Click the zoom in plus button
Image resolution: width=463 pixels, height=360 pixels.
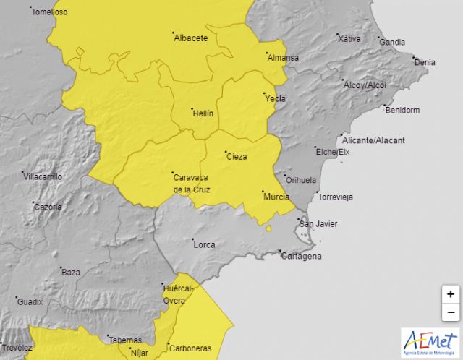coord(450,294)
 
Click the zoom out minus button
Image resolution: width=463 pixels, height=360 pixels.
coord(450,312)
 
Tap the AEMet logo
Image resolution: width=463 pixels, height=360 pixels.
coord(430,341)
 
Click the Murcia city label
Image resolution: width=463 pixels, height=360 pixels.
coord(277,197)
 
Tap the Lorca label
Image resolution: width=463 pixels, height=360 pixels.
coord(204,244)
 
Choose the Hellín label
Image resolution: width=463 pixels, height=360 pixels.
coord(203,113)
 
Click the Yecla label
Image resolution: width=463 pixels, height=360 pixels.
coord(275,98)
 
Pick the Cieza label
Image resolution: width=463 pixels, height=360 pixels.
coord(237,156)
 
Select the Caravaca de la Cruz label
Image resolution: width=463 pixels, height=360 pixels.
coord(191,183)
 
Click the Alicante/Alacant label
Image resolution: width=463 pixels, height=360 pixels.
coord(374,140)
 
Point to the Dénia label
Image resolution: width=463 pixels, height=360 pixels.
coord(424,62)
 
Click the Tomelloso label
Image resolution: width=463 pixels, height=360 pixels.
coord(49,12)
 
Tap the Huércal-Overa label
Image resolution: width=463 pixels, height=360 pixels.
coord(179,294)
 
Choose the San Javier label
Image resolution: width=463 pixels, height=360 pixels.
coord(318,223)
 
